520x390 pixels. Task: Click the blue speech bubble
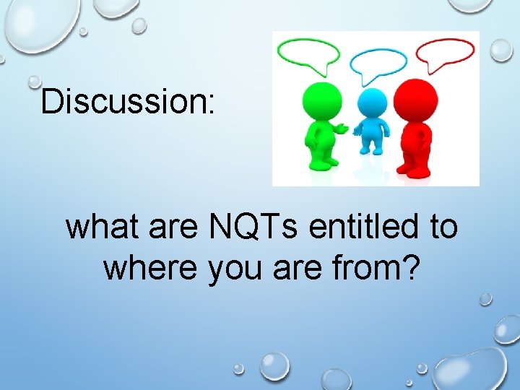pos(378,61)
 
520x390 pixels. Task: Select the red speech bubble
pos(446,53)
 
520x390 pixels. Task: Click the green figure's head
pos(321,100)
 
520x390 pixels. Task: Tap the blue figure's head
pos(373,103)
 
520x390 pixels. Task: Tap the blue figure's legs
pos(373,147)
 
